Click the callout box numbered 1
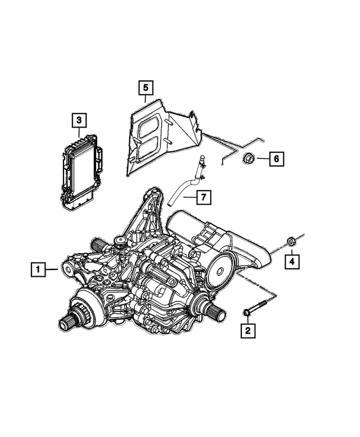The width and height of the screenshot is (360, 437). click(37, 271)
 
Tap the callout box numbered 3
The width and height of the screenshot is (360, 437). click(79, 120)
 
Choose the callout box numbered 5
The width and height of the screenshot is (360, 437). click(145, 88)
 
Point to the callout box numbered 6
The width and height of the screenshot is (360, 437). click(276, 159)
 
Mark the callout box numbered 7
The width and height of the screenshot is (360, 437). click(204, 197)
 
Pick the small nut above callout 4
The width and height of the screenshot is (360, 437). click(291, 241)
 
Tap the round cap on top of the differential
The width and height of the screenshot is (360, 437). click(119, 242)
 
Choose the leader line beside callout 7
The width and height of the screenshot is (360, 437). click(188, 197)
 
